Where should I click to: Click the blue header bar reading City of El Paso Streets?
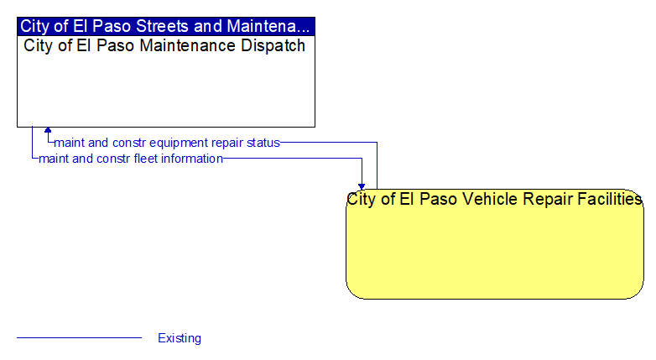(166, 26)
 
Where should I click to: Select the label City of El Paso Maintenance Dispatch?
(164, 45)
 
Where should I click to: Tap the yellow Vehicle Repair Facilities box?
(495, 244)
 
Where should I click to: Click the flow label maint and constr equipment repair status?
(167, 143)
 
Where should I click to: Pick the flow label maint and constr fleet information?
(131, 159)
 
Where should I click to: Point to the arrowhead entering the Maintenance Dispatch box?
(48, 130)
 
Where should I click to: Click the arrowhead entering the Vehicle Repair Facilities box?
(362, 186)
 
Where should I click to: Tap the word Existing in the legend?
(180, 338)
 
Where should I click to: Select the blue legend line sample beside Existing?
(79, 337)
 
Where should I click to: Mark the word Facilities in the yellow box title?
(610, 199)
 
